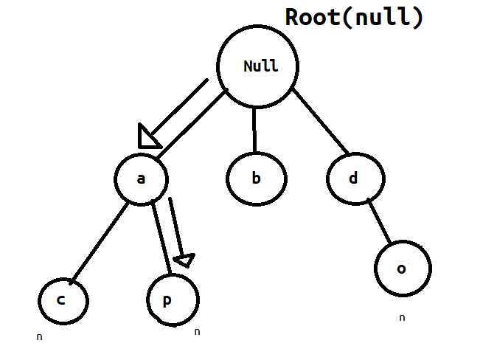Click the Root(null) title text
click(355, 16)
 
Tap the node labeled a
click(142, 179)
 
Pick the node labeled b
click(256, 179)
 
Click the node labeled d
click(355, 179)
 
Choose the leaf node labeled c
click(63, 301)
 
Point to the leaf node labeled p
click(173, 300)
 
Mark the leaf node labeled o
click(402, 269)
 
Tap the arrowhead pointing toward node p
click(183, 260)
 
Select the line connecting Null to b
click(254, 131)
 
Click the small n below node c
click(39, 337)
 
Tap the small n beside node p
click(197, 332)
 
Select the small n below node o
click(402, 318)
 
